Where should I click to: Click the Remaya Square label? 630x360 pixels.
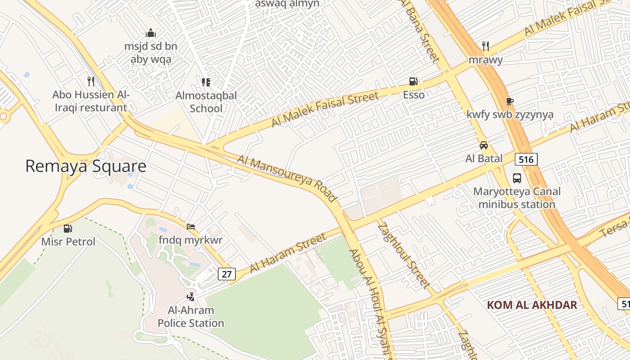click(85, 166)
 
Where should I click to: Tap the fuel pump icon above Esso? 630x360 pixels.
click(413, 81)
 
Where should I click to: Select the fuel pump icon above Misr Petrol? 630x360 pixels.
click(68, 229)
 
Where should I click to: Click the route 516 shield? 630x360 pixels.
click(526, 159)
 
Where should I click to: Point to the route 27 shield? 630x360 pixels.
click(226, 274)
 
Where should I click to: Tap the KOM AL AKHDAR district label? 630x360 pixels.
click(531, 305)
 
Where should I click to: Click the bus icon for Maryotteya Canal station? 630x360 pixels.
click(517, 178)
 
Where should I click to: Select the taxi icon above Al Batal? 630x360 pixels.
click(484, 145)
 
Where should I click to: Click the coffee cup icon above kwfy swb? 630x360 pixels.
click(509, 101)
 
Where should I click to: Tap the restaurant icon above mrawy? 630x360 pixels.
click(485, 46)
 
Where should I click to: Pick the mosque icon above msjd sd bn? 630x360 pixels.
click(151, 33)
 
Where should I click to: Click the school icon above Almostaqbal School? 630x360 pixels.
click(206, 82)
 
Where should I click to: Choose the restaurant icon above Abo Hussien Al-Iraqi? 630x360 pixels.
click(90, 81)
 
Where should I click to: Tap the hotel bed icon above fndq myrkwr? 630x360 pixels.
click(191, 226)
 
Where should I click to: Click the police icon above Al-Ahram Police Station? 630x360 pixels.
click(191, 297)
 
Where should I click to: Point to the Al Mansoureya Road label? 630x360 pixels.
click(287, 178)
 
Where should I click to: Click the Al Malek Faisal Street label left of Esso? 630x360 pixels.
click(324, 109)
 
